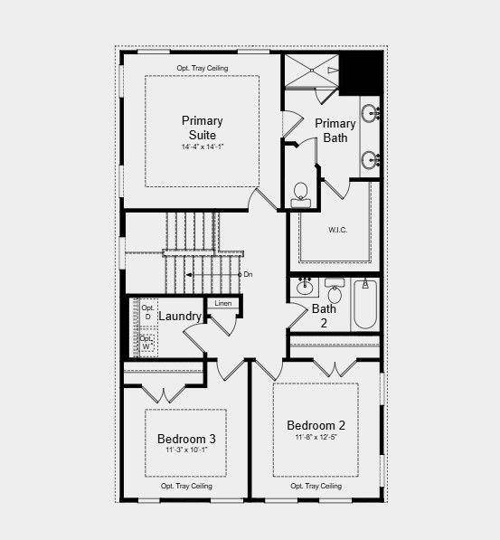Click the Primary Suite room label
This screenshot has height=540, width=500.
tap(202, 128)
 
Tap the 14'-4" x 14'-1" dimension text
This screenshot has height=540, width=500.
tap(202, 147)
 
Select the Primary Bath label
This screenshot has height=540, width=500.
tap(335, 130)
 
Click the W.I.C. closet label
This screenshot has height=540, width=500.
tap(331, 229)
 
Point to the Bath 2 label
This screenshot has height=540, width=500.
tap(324, 315)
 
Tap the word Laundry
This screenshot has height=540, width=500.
tap(180, 317)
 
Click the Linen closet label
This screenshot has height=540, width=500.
tap(223, 303)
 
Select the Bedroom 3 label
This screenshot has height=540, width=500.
tap(186, 439)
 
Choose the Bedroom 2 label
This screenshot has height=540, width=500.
tap(316, 425)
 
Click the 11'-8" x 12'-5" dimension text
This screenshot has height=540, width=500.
tap(316, 438)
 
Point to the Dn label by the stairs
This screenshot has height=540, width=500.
tap(248, 273)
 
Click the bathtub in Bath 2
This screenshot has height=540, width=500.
tap(364, 306)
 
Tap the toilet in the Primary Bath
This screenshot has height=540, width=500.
tap(300, 194)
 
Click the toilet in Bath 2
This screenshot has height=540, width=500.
tap(334, 293)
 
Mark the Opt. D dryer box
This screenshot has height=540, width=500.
tap(147, 312)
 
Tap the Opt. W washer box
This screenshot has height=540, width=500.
tap(147, 343)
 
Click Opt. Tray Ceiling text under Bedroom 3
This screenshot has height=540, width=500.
tap(186, 486)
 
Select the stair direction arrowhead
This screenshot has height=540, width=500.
tap(188, 273)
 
